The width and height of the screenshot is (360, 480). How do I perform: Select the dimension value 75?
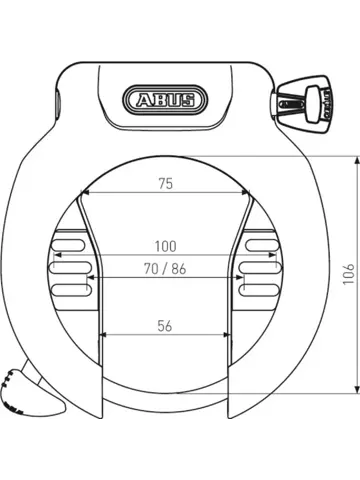pos(164,184)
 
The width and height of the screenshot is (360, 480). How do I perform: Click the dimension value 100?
pos(164,245)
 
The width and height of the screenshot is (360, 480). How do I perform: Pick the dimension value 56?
pos(164,325)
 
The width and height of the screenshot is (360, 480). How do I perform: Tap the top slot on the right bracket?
pos(260,245)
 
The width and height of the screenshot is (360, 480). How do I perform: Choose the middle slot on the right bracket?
pos(260,268)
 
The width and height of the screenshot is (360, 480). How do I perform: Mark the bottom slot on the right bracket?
pos(260,290)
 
